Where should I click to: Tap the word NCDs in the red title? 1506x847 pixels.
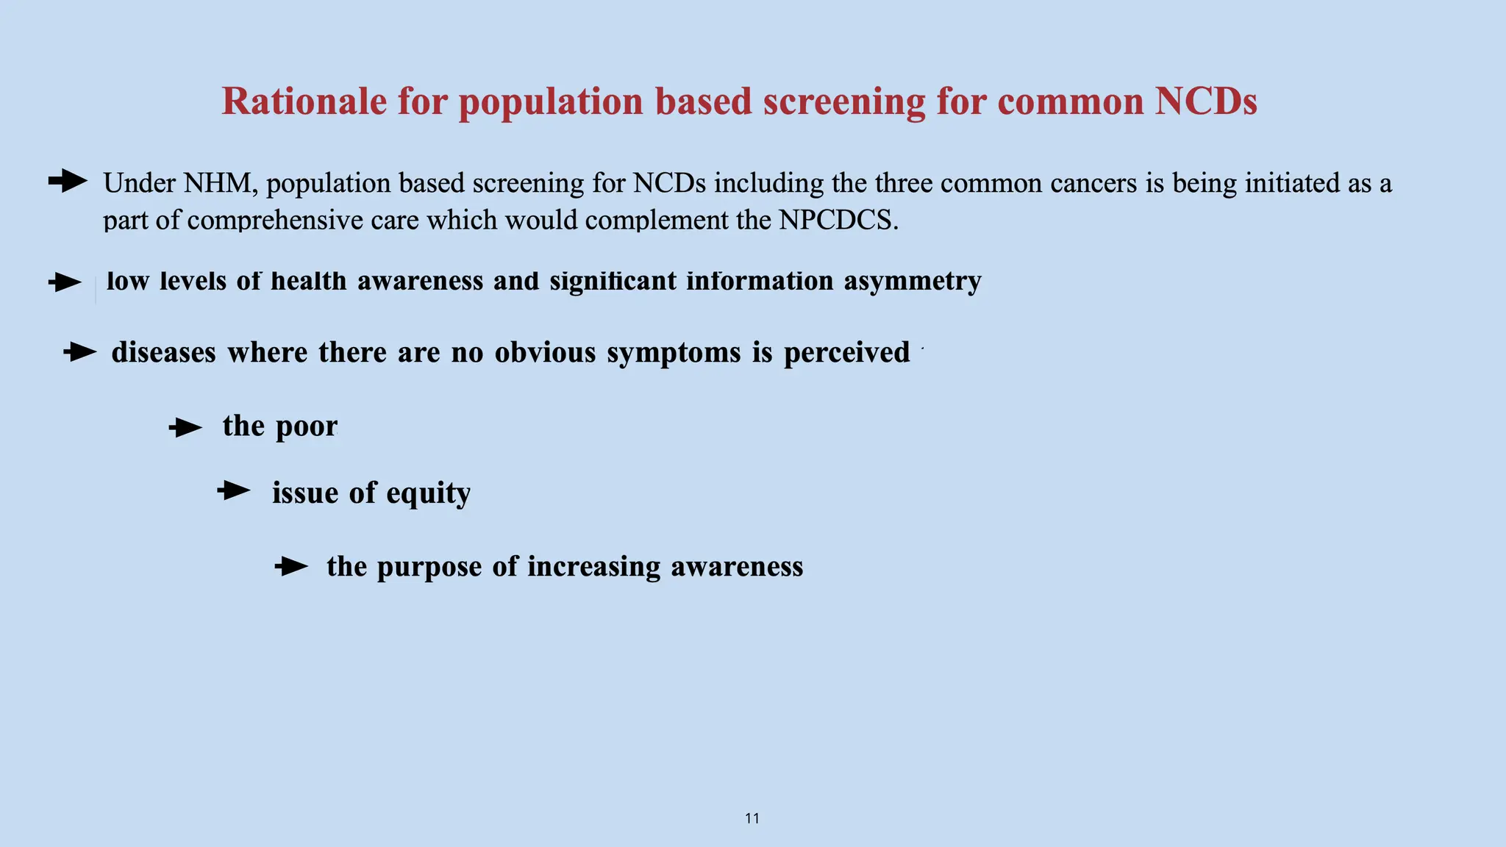pos(1205,101)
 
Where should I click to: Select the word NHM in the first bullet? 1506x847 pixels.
pos(217,183)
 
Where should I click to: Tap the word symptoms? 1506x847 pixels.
pos(674,353)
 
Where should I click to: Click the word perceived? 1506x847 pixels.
pos(846,353)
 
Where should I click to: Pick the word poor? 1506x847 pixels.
pos(306,426)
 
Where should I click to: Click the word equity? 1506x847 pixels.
pos(428,493)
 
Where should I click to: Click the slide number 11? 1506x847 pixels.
pos(752,818)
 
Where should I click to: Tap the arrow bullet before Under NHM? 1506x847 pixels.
pos(68,181)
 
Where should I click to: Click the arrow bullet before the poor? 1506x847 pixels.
pos(185,427)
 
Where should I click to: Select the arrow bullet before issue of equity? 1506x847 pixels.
pos(234,490)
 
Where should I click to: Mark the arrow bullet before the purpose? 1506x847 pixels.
pos(291,566)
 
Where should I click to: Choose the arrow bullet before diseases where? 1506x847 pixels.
pos(79,352)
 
